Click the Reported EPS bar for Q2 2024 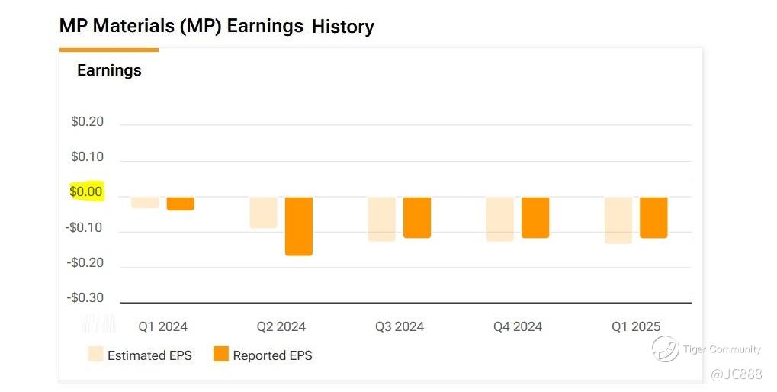[299, 227]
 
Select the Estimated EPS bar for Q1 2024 [145, 203]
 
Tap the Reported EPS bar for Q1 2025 [653, 217]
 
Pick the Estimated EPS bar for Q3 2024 [381, 219]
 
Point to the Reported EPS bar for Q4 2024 [535, 217]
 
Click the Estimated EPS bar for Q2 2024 [263, 213]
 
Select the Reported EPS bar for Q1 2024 [181, 204]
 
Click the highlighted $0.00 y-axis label [86, 191]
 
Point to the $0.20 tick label [87, 122]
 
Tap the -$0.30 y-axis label [85, 297]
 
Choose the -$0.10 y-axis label [85, 227]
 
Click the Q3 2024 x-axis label [400, 326]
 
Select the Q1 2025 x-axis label [636, 326]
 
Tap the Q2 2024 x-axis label [281, 326]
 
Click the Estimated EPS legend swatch [95, 355]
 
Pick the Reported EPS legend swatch [221, 355]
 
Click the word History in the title [343, 27]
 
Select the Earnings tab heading [109, 70]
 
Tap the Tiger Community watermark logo [665, 349]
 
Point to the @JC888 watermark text [736, 374]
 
